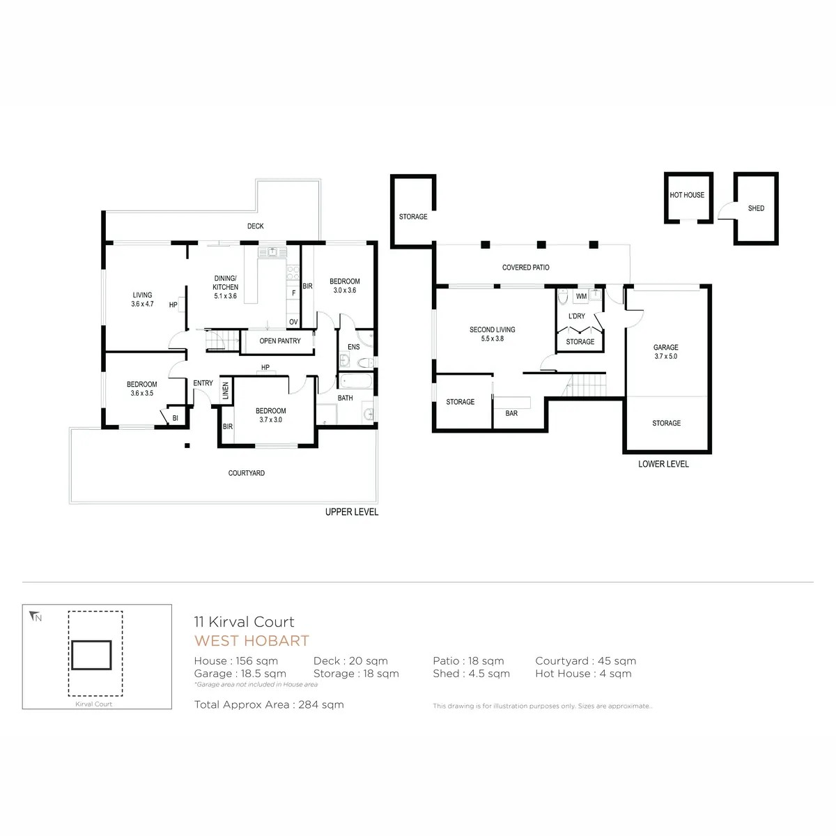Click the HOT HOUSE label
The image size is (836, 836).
(686, 195)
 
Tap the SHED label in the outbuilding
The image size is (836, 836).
(756, 208)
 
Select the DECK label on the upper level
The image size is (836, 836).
(255, 226)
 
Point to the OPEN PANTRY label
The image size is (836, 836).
(280, 341)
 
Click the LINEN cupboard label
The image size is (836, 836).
(225, 390)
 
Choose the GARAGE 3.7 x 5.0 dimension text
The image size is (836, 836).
(665, 357)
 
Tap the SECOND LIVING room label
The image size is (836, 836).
(492, 330)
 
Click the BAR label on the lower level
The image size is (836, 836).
(511, 413)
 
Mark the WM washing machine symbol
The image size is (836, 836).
(581, 296)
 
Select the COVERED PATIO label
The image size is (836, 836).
(525, 268)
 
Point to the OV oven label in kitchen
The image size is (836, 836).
(293, 322)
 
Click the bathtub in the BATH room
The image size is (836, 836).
(355, 381)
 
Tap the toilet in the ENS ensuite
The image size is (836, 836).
(365, 363)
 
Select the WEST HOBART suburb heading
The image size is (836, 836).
(251, 641)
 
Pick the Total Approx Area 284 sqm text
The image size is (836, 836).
(269, 705)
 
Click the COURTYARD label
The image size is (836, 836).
(247, 473)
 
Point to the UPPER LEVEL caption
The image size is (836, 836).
(352, 512)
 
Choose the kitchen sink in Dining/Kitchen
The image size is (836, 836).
(272, 251)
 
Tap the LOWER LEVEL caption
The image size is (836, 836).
(663, 464)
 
